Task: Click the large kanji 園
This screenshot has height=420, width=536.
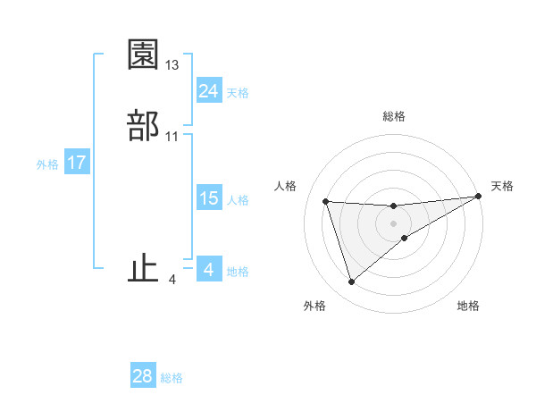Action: (x=143, y=55)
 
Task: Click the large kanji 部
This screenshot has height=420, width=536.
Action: (x=143, y=125)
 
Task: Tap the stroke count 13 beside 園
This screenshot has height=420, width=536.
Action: (x=172, y=65)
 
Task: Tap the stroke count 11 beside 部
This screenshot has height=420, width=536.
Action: (x=172, y=137)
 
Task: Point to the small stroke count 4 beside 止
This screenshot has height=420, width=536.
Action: (x=172, y=280)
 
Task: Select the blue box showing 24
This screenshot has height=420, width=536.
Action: (x=208, y=91)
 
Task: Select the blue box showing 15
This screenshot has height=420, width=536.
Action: (x=208, y=198)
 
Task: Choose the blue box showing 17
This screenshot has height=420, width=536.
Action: (x=76, y=163)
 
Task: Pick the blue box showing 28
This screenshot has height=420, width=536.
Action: (x=142, y=376)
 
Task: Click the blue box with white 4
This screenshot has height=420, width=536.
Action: (x=208, y=270)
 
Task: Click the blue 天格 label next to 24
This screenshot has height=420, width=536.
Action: (x=238, y=93)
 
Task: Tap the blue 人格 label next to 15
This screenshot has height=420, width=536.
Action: (x=238, y=200)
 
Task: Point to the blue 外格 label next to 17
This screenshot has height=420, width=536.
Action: (x=47, y=164)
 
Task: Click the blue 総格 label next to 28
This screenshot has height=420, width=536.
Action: (x=172, y=378)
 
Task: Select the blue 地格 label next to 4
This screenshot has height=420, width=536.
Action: (x=238, y=272)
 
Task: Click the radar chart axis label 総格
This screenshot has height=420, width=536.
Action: (x=394, y=116)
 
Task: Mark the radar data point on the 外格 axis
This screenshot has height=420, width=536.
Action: (x=351, y=282)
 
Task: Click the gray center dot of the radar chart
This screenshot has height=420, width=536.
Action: (x=394, y=223)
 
